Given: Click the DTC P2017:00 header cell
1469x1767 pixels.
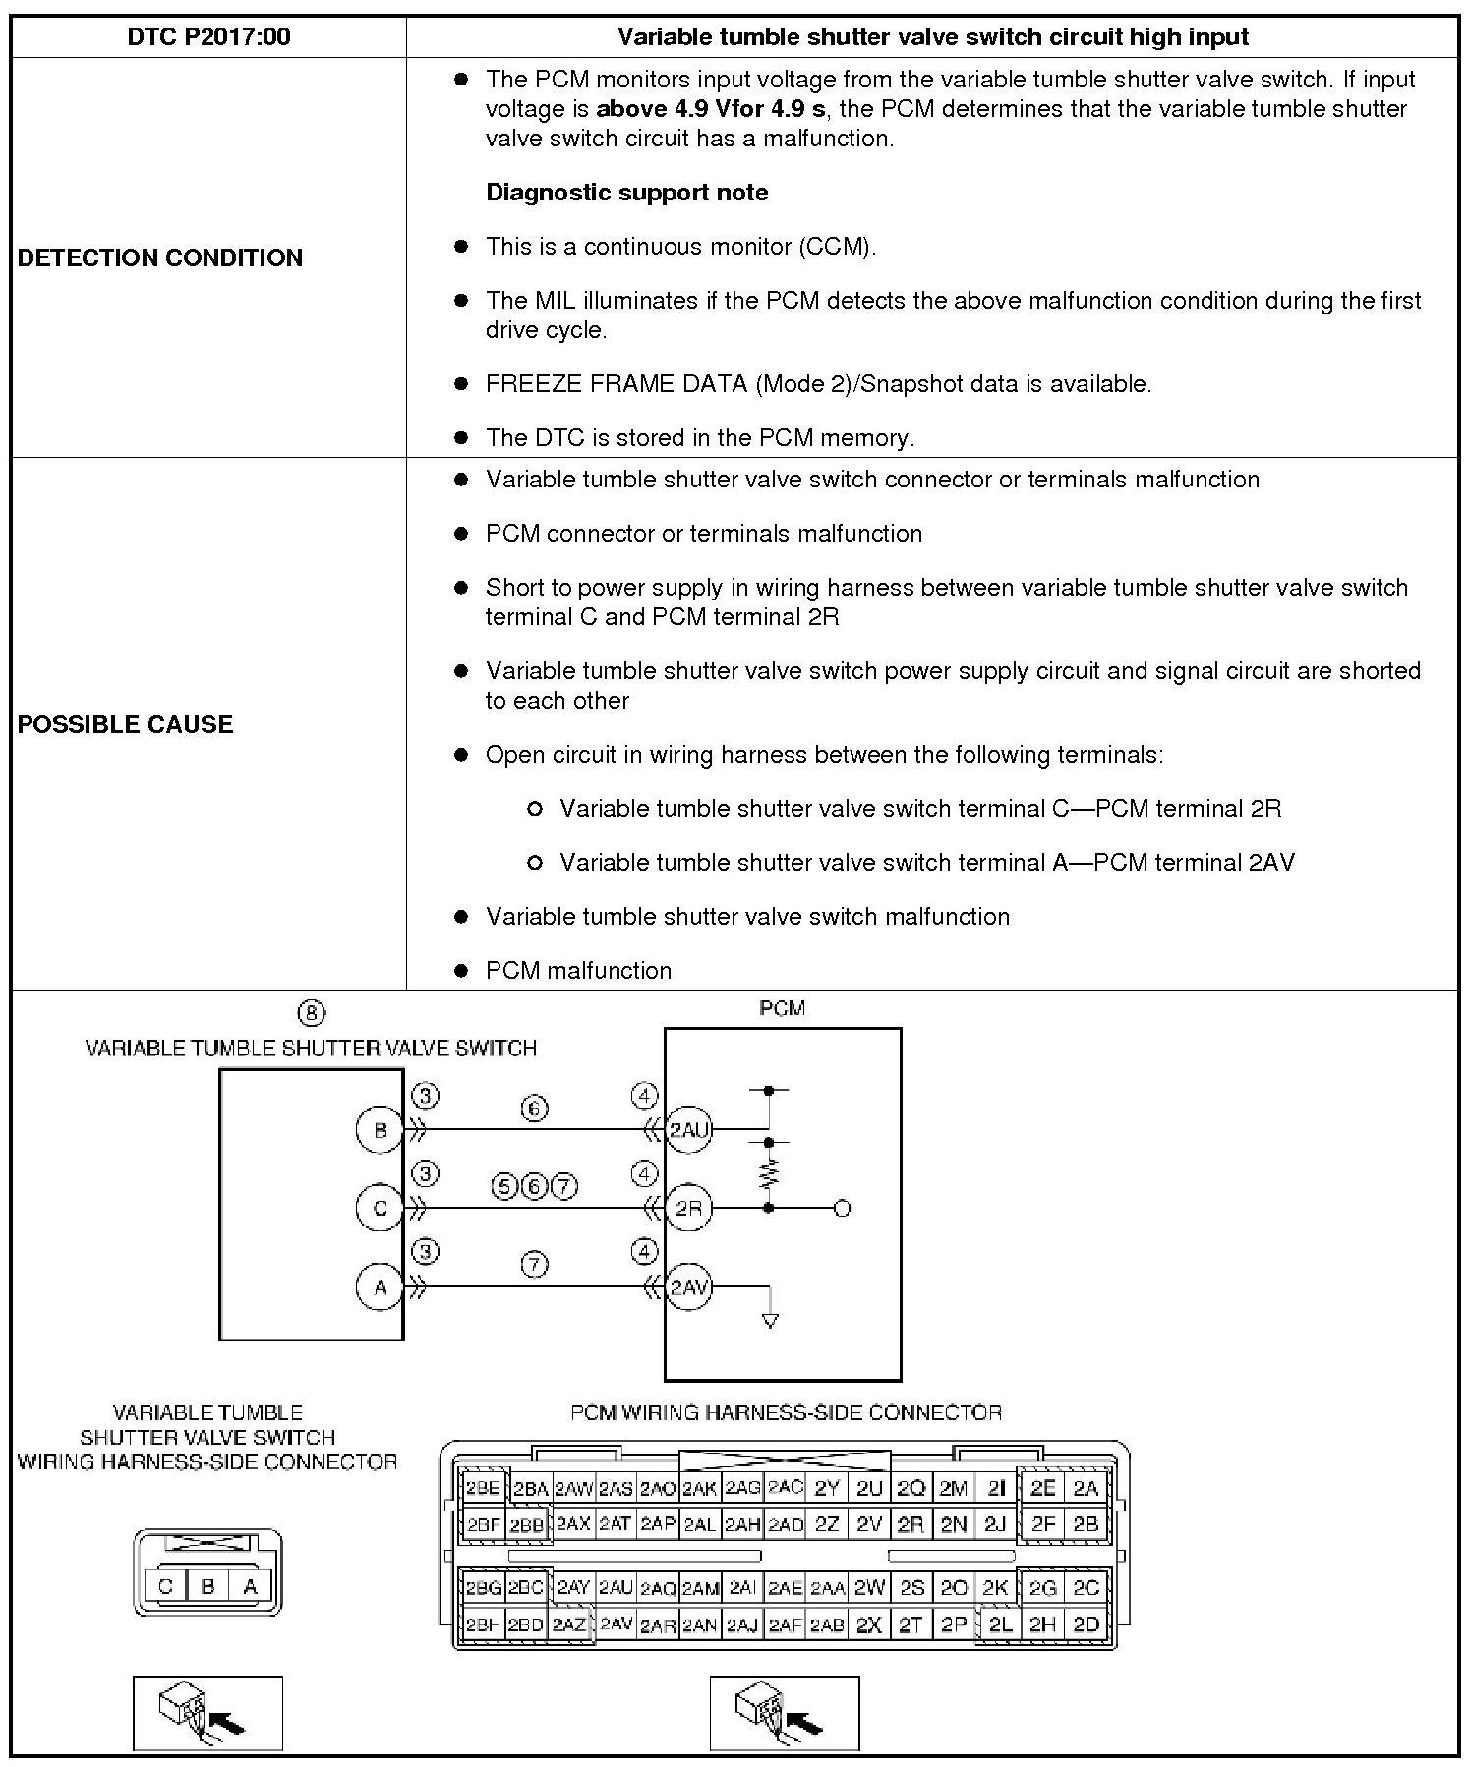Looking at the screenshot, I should pyautogui.click(x=208, y=37).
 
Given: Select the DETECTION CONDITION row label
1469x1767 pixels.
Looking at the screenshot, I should pyautogui.click(x=160, y=257).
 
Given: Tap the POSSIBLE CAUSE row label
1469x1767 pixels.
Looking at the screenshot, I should pyautogui.click(x=126, y=724).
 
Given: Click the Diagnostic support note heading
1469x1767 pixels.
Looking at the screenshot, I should pyautogui.click(x=626, y=193).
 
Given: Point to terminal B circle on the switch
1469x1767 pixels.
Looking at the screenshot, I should pyautogui.click(x=381, y=1130).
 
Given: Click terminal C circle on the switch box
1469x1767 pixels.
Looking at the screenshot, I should pyautogui.click(x=381, y=1208).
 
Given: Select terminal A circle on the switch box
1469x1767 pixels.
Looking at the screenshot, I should pyautogui.click(x=381, y=1286).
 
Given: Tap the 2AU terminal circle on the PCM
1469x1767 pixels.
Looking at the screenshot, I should pyautogui.click(x=688, y=1130).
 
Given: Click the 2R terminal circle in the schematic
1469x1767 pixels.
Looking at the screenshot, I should pyautogui.click(x=688, y=1208).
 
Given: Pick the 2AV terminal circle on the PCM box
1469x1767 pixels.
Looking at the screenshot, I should pyautogui.click(x=688, y=1286).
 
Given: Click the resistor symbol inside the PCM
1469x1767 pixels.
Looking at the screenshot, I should pyautogui.click(x=769, y=1174).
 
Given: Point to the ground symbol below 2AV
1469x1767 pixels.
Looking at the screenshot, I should pyautogui.click(x=770, y=1321).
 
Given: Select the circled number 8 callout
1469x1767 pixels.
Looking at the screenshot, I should pyautogui.click(x=311, y=1013).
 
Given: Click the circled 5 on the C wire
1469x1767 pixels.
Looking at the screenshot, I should pyautogui.click(x=504, y=1187).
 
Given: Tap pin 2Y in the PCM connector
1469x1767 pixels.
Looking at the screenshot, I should pyautogui.click(x=827, y=1488).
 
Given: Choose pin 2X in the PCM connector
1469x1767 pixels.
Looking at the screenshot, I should pyautogui.click(x=868, y=1624).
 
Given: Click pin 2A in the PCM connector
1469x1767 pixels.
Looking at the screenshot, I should pyautogui.click(x=1086, y=1488).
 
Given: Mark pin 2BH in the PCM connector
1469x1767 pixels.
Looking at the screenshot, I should pyautogui.click(x=483, y=1624).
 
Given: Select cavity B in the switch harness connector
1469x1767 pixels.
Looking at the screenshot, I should pyautogui.click(x=207, y=1586).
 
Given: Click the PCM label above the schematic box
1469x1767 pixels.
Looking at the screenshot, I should pyautogui.click(x=782, y=1008).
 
